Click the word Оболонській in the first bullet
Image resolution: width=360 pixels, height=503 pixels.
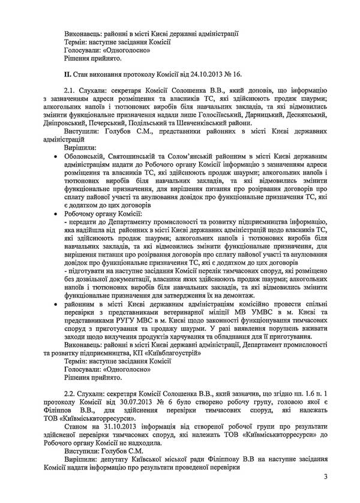point(88,154)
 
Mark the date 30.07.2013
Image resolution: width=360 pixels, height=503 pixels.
point(151,400)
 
